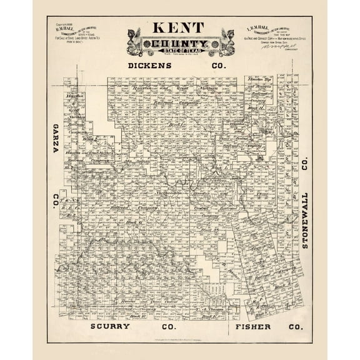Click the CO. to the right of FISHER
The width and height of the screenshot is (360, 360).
click(296, 327)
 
